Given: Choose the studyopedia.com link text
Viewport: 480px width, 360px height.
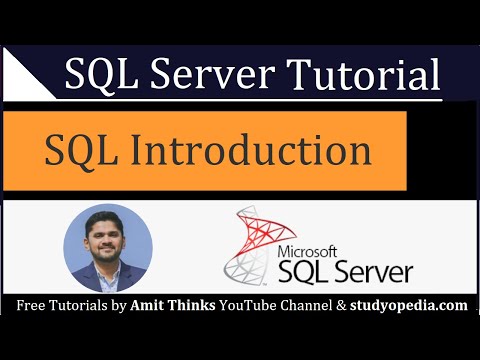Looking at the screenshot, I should click(410, 304).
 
